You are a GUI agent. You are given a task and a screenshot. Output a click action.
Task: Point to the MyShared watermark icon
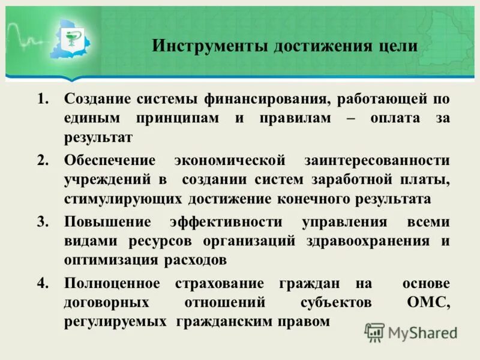point(374,332)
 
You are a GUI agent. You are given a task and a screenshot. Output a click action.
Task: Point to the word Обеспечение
point(110,160)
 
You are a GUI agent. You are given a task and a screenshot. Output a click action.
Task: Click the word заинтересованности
point(376,160)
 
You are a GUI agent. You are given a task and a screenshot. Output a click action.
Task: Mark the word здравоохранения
point(371,241)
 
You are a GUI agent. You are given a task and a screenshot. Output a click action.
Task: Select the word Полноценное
point(112,283)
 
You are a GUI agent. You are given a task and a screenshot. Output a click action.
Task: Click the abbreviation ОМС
point(427,302)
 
